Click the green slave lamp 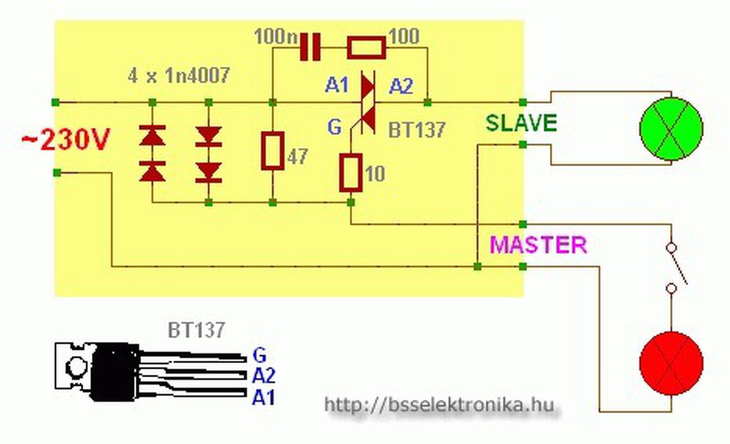coord(671,128)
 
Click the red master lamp coord(671,364)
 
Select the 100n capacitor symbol coord(310,47)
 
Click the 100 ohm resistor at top coord(366,48)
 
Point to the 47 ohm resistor coord(273,151)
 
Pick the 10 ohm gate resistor coord(350,172)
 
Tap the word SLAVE coord(521,123)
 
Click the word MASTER coord(538,245)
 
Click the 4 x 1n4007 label coord(178,75)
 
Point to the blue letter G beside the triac coord(335,127)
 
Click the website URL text coord(439,405)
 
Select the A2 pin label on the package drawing coord(263,376)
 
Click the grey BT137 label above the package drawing coord(196,330)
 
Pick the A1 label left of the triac coord(336,86)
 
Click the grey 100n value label coord(275,37)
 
